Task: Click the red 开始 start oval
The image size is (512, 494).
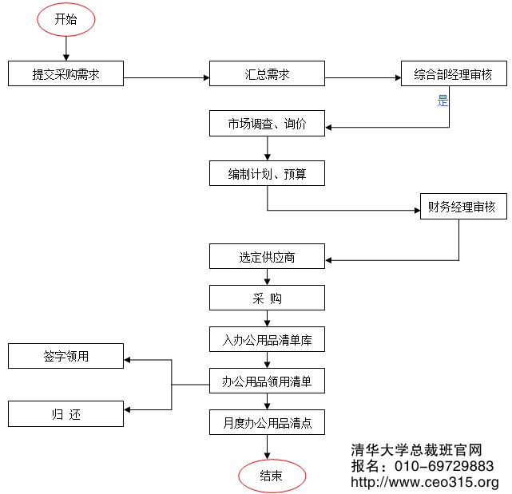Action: [65, 21]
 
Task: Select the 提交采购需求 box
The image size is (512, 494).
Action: [65, 74]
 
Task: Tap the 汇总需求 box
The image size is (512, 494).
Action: [267, 74]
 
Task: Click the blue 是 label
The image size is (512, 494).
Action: [443, 101]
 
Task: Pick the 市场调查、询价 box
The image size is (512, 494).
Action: [267, 124]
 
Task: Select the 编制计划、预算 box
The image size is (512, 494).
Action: [267, 174]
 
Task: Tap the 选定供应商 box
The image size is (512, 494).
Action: [267, 257]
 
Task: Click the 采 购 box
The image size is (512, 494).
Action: [267, 298]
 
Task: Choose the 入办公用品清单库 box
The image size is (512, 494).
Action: [267, 340]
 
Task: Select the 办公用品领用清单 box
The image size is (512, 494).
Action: [267, 381]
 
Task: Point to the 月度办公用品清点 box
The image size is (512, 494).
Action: [267, 423]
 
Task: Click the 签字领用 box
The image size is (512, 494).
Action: [65, 356]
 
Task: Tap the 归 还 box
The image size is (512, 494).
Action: [65, 414]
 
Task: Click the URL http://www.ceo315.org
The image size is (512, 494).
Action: [425, 482]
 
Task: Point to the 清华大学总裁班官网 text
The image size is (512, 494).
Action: [416, 450]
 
